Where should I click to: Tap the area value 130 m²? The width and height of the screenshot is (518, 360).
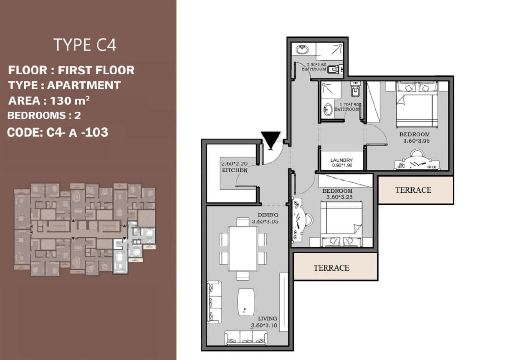tap(70, 101)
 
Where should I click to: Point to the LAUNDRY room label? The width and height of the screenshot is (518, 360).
tap(341, 160)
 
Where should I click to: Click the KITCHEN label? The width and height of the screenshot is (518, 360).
tap(235, 170)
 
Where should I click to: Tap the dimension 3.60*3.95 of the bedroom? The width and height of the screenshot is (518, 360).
tap(417, 141)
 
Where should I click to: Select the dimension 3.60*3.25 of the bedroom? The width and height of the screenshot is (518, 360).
tap(339, 197)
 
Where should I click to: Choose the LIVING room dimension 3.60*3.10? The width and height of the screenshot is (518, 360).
tap(264, 325)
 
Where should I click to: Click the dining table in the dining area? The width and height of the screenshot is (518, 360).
tap(243, 248)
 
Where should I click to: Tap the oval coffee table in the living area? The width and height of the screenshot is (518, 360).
tap(246, 302)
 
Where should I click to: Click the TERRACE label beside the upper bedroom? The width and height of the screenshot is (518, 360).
tap(413, 190)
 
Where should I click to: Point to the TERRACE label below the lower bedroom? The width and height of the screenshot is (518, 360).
tap(331, 268)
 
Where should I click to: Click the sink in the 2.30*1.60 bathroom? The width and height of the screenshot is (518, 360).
tap(303, 50)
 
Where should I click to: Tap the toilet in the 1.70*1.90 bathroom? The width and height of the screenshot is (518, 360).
tap(355, 89)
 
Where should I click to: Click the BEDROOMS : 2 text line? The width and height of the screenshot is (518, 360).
tap(44, 116)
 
